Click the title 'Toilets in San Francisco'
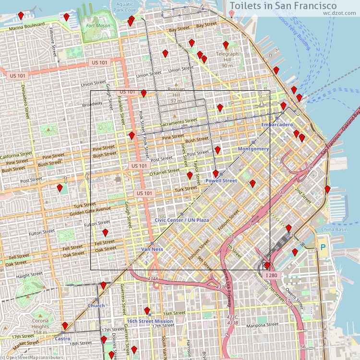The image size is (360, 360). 283,5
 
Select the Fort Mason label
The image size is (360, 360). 97,26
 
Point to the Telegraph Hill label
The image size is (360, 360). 227,54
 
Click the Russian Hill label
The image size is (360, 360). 176,89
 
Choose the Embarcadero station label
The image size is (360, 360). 277,125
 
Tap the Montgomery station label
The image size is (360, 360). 253,149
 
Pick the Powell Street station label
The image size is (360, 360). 221,180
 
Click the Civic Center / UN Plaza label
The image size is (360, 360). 182,220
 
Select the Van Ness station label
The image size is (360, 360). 152,250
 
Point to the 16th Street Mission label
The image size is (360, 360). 150,321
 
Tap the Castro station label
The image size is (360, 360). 62,338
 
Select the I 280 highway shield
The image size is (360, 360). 272,276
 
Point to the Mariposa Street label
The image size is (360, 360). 263,324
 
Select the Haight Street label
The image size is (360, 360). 30,276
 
